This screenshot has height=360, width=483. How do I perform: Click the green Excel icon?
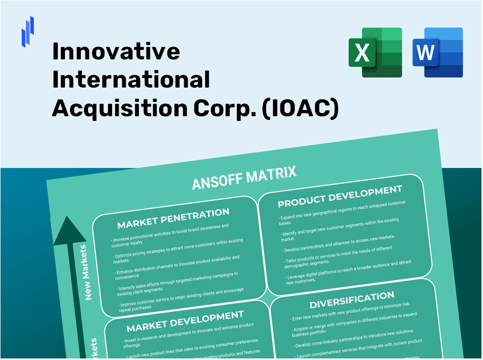click(x=375, y=53)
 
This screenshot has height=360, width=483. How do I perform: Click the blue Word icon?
click(x=437, y=53)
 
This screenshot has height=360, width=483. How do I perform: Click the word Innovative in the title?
click(x=116, y=51)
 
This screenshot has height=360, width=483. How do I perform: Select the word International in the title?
click(x=131, y=80)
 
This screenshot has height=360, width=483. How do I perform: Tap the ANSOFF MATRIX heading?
click(x=244, y=178)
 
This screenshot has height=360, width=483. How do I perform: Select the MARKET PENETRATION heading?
click(x=173, y=218)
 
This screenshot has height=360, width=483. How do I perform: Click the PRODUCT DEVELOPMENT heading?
click(x=340, y=197)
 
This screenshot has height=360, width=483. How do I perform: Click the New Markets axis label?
click(x=85, y=272)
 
